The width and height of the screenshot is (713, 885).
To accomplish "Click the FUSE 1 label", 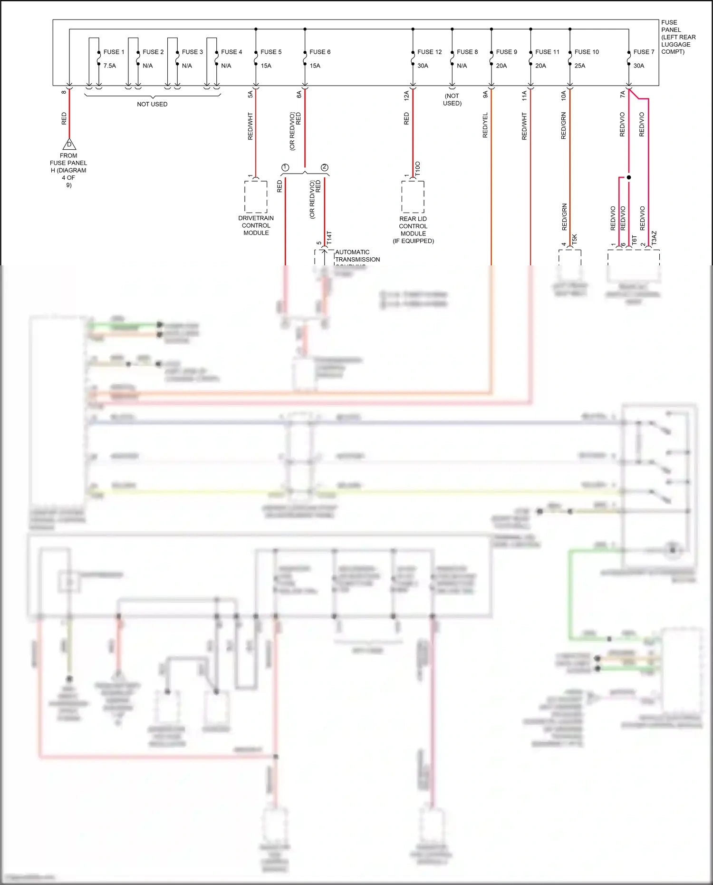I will pos(114,52).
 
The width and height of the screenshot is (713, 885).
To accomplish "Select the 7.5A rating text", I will pos(109,66).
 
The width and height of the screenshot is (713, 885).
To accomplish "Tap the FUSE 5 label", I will pos(271,52).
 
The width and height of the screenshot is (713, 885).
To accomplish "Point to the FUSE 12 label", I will pos(429,52).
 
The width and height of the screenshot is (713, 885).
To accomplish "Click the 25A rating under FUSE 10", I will pos(579,66).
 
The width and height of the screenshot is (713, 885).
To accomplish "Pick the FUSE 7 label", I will pos(644,52).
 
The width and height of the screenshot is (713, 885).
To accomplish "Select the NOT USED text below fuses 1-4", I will pos(152,104).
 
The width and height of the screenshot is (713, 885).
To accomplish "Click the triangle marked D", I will pos(69,144).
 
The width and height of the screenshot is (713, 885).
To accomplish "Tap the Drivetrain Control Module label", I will pos(256,225).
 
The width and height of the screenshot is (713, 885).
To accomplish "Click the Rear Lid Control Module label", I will pos(413,230).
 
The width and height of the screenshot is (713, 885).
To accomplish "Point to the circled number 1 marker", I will pos(285,167).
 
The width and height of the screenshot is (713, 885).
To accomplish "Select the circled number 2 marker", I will pos(325,167).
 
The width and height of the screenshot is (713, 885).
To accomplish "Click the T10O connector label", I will pos(418,169).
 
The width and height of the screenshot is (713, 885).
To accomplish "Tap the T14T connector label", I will pos(329,238).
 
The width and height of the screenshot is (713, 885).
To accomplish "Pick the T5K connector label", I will pos(574,239).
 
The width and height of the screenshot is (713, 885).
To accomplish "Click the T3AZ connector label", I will pos(654,238).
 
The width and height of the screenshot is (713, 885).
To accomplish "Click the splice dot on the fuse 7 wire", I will pos(629,177).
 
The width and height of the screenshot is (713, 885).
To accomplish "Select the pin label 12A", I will pos(406,95).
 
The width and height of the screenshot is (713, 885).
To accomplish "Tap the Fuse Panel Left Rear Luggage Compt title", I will pos(678,37).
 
